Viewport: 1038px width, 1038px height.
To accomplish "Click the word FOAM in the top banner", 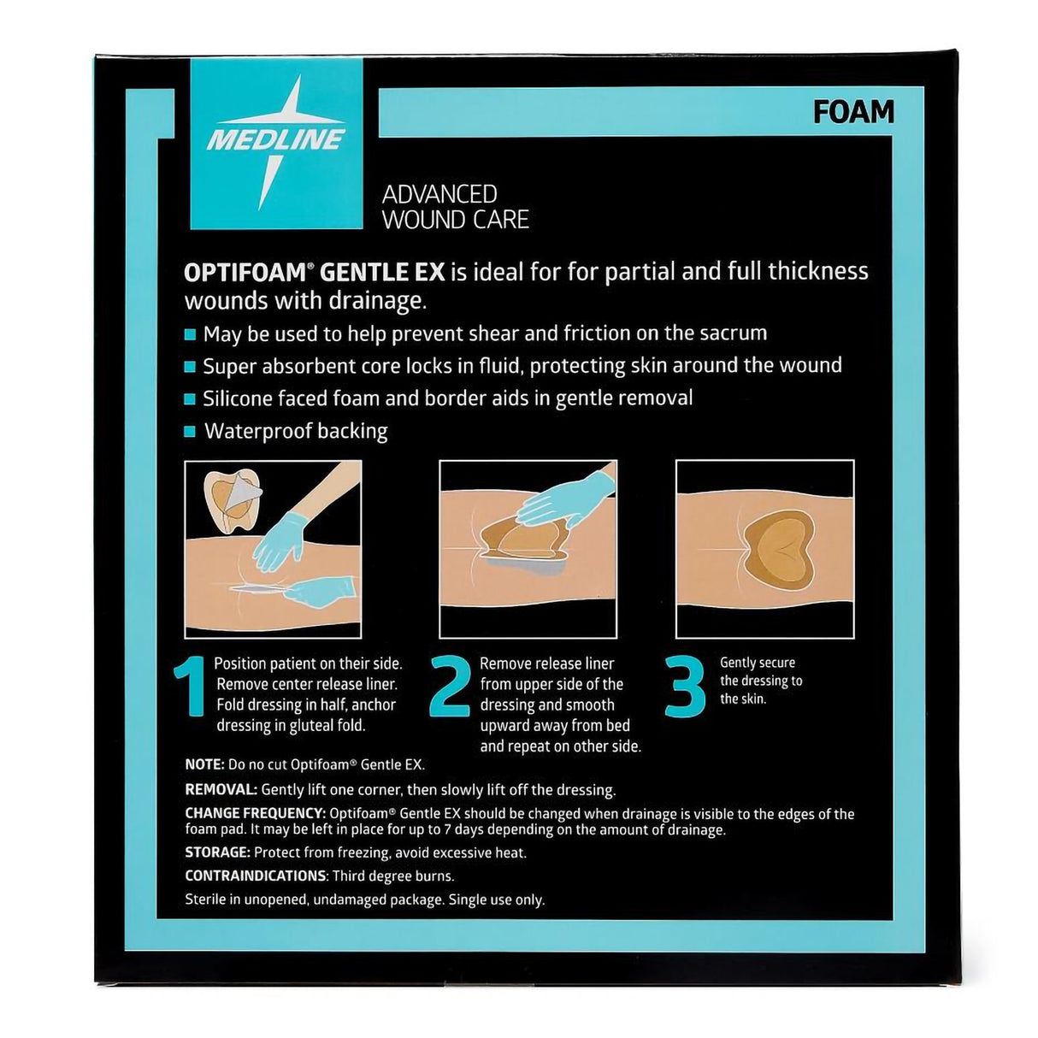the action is point(853,112).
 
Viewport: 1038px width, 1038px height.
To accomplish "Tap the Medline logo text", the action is point(276,139).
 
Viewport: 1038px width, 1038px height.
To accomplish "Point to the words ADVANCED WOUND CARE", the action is point(455,208).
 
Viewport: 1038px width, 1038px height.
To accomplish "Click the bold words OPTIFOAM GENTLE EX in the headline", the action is point(314,272).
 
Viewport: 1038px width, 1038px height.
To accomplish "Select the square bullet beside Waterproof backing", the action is point(190,432).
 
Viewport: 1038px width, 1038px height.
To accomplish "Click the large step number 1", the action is point(190,687).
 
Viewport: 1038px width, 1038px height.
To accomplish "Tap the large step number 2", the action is point(451,687).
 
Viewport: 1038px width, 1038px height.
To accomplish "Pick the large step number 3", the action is point(685,687).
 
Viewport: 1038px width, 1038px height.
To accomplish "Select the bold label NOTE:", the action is point(204,764).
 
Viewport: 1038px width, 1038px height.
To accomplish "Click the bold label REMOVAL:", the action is point(221,790).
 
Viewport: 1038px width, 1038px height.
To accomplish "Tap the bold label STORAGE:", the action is point(217,852).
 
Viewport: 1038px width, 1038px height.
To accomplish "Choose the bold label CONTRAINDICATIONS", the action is point(256,876).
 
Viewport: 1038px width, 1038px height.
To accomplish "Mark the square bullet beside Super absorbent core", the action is point(190,367).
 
